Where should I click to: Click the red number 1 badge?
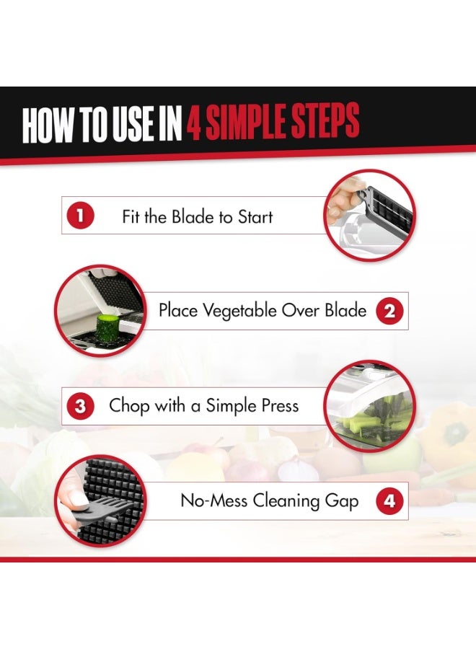(80, 215)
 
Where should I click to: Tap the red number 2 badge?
(390, 311)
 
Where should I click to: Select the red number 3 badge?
(80, 406)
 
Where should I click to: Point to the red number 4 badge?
(390, 501)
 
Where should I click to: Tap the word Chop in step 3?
(128, 406)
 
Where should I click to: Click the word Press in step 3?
(281, 405)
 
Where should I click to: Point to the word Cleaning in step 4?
(286, 501)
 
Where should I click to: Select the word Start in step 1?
(255, 217)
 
